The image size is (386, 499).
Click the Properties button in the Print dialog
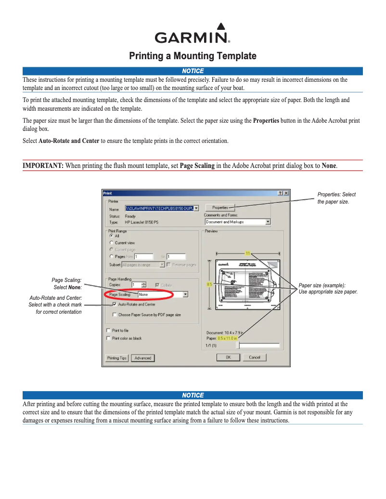coord(220,207)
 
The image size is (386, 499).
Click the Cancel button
coord(255,357)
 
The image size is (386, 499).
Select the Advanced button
coord(143,358)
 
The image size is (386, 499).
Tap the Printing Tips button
coord(117,358)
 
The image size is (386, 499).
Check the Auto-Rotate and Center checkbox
coord(115,304)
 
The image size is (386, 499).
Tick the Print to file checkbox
coord(108,331)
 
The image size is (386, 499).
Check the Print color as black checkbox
coord(108,338)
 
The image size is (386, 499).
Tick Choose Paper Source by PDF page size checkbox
coord(115,315)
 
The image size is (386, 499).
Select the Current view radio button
coord(112,243)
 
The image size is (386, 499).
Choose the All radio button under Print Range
coord(112,236)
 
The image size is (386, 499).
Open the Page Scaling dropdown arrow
coord(186,294)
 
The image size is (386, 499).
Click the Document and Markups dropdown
coord(238,222)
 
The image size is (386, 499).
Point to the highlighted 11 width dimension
coord(248,253)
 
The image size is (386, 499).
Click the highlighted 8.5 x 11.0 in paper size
coord(228,338)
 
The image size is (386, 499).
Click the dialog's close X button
coord(286,193)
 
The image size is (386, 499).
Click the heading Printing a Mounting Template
coord(193,56)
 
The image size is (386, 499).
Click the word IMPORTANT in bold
coord(43,166)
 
